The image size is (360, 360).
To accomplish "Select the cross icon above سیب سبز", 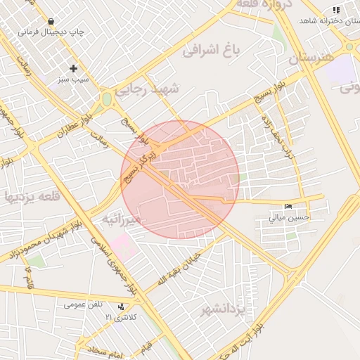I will (x=73, y=68).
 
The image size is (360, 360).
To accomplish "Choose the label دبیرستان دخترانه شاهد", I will (x=330, y=21).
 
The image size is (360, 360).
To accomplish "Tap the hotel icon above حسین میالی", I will (x=289, y=206).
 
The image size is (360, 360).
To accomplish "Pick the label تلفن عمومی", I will (x=84, y=304).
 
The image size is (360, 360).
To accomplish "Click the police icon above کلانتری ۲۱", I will (x=121, y=307).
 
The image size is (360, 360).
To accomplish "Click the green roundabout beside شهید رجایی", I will (x=107, y=100).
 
